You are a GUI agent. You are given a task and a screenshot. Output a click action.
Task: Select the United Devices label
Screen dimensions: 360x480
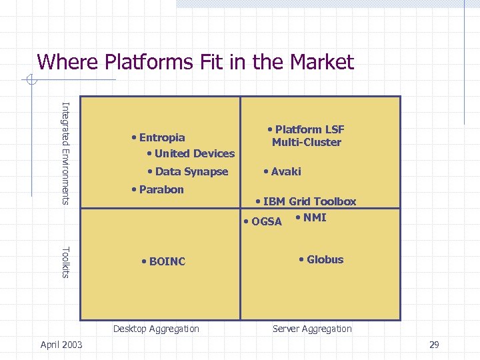191,153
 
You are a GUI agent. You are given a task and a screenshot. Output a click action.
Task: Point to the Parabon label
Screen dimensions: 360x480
158,189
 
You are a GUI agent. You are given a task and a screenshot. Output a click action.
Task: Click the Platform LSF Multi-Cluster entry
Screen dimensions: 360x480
306,136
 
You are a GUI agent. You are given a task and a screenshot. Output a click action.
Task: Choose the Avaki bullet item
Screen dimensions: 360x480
283,172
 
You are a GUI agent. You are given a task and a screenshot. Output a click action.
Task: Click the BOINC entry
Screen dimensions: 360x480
164,261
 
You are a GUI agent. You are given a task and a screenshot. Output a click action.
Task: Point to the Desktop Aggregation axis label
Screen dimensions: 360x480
156,329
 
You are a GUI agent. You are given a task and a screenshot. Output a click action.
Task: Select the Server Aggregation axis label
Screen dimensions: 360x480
311,329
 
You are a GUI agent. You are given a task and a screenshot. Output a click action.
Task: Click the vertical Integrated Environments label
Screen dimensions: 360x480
65,152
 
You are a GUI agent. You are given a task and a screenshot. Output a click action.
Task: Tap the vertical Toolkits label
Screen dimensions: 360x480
65,262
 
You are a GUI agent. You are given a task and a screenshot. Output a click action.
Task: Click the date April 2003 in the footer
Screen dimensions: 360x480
61,345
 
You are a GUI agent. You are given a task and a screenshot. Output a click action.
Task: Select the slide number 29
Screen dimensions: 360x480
434,345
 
